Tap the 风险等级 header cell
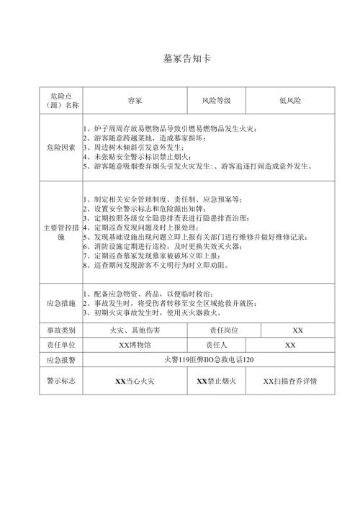coord(215,101)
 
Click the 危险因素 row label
coord(60,147)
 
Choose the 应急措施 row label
coord(60,303)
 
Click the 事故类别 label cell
coord(60,330)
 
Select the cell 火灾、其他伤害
coord(135,330)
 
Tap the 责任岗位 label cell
coord(217,330)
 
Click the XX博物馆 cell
coord(135,345)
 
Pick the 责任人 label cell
coord(217,345)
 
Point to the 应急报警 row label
coord(60,360)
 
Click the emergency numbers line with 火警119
coord(210,360)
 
